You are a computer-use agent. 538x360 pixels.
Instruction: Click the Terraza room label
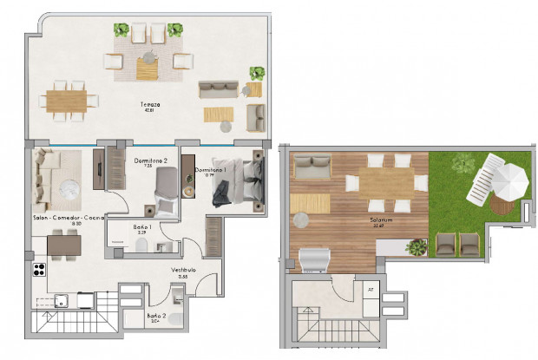pyautogui.click(x=152, y=107)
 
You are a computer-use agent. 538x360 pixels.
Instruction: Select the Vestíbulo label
pyautogui.click(x=183, y=272)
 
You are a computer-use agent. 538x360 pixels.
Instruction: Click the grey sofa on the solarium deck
pyautogui.click(x=312, y=166)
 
